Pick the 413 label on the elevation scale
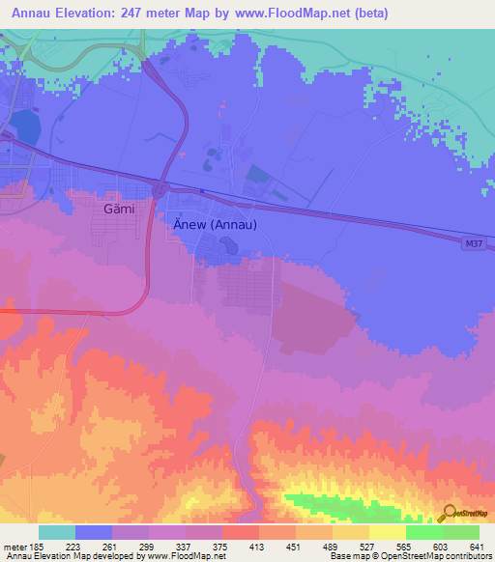point(257,548)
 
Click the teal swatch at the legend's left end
point(57,532)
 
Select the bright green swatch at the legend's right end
point(460,532)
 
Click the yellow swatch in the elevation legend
point(387,532)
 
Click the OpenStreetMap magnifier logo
point(447,512)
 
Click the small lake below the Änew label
point(229,249)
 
